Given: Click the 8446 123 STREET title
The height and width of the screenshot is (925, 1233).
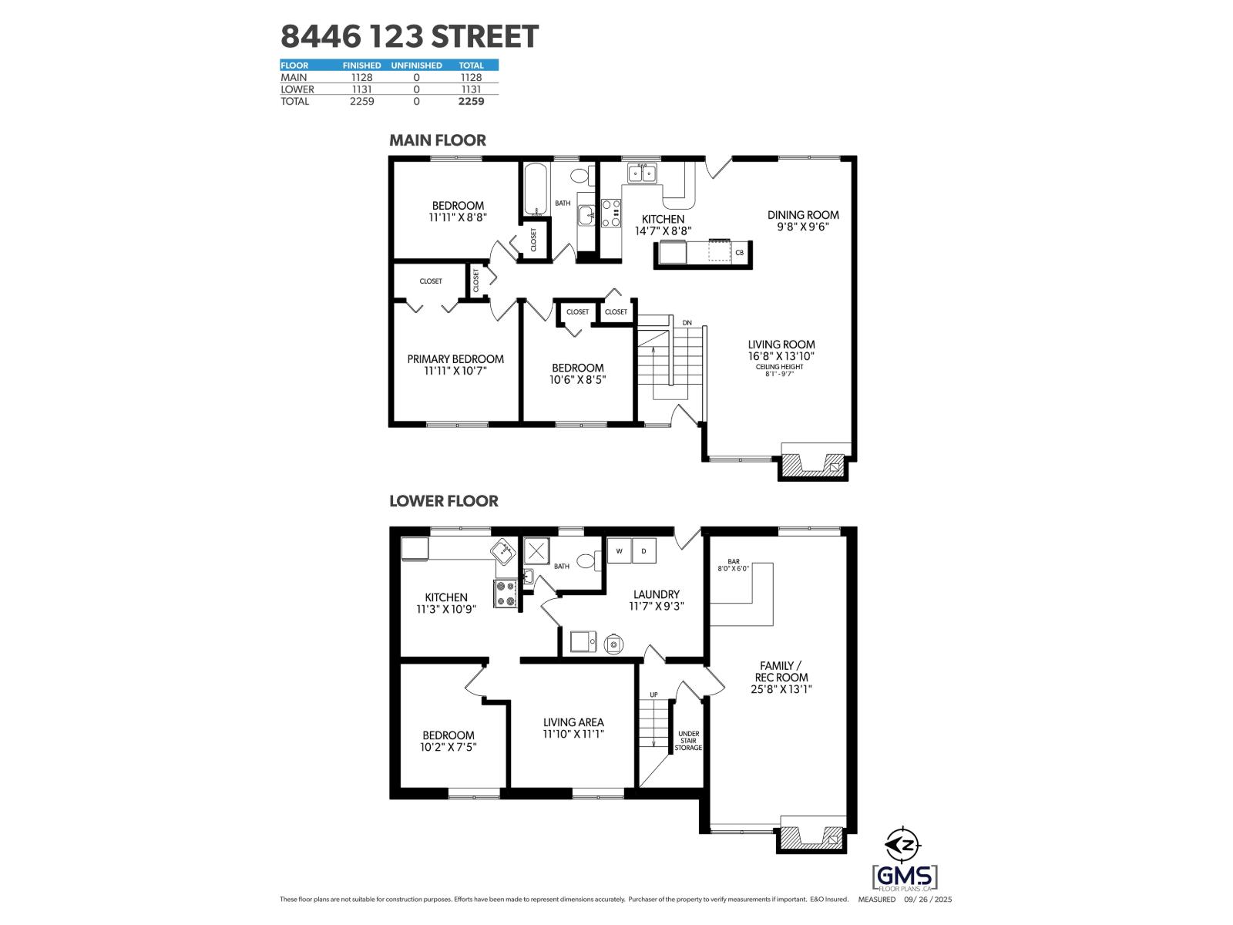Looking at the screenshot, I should [409, 36].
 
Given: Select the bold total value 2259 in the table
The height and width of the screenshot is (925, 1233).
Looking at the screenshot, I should [471, 101].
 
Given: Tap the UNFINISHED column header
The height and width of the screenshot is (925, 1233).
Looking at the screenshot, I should [416, 66].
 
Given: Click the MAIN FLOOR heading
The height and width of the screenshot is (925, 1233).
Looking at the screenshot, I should [437, 140].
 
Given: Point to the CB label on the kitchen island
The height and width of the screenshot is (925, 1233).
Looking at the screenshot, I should [739, 253].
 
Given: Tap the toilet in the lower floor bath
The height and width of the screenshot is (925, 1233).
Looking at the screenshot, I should [588, 560].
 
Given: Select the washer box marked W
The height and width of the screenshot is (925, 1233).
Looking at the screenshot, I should [619, 551].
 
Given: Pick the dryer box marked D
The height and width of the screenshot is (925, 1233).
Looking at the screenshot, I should [644, 551].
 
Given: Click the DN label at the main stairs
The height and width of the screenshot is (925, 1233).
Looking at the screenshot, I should [687, 322].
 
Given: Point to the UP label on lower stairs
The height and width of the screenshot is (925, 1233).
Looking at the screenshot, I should [653, 695].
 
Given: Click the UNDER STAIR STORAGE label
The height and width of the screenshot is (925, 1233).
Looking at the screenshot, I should [688, 741].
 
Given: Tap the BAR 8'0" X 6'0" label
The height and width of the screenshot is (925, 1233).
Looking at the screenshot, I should [733, 564].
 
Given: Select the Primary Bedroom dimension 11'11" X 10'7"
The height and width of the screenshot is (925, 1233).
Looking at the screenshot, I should [455, 371].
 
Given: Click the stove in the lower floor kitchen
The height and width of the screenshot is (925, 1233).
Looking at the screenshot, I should [506, 594].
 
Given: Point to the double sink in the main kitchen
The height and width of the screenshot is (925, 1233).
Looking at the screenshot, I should [642, 173].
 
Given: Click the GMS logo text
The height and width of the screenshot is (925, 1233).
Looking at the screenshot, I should [905, 876].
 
